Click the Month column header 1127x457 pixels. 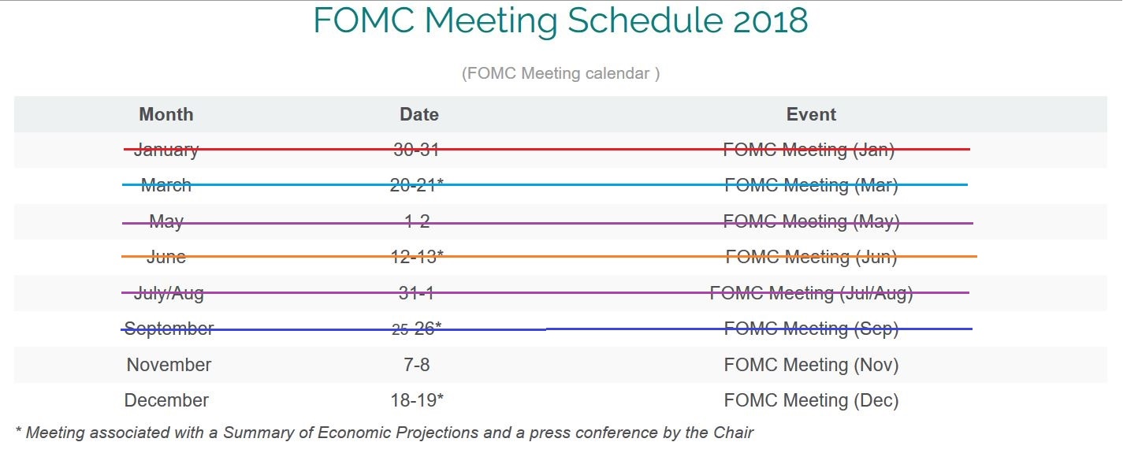(166, 114)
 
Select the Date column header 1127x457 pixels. (419, 114)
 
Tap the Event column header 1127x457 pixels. (811, 114)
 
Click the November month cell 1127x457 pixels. (169, 365)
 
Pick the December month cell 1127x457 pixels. (166, 400)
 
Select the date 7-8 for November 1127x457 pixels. (417, 365)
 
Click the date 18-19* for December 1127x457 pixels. (417, 400)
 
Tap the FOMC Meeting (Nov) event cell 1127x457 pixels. (811, 365)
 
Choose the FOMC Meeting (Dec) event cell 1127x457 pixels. (811, 401)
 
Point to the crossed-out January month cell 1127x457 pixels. (166, 150)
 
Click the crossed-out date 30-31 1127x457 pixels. (416, 150)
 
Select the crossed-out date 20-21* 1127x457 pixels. (417, 185)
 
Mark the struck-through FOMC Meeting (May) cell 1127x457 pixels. (811, 221)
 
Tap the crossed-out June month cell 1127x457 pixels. (166, 257)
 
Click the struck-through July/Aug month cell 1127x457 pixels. (169, 293)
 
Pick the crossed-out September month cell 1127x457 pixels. (169, 329)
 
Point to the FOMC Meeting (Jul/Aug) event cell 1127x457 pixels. (811, 293)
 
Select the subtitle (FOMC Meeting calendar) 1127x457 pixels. (560, 73)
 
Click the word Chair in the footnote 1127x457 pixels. (733, 433)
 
